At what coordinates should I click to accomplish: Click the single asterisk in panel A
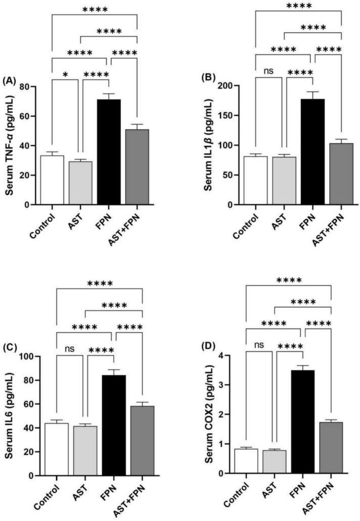click(x=65, y=75)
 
